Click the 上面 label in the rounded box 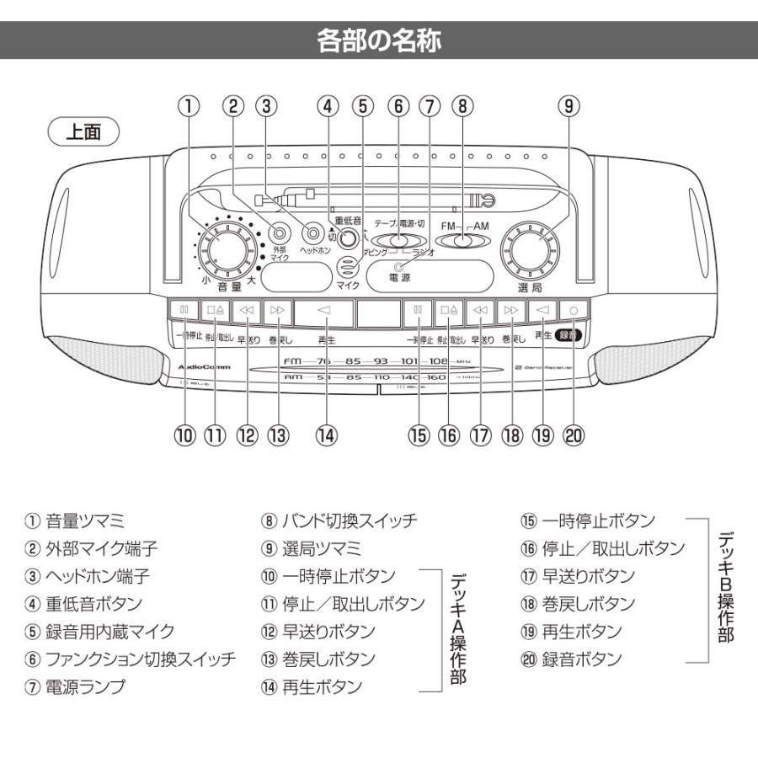coord(85,133)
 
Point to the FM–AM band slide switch coord(463,242)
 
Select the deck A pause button coord(184,310)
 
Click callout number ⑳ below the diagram coord(573,435)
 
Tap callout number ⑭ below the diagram coord(326,435)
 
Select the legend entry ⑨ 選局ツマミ coord(311,548)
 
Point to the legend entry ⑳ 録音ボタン coord(571,659)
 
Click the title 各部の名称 coord(379,40)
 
